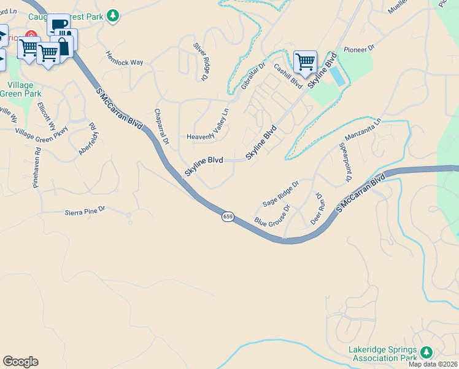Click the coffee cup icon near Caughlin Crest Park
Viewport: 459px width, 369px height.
59,25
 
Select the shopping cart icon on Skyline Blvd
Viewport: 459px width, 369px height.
305,61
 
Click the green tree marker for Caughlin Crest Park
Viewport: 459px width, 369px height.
112,15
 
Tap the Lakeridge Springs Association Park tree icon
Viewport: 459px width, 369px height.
426,352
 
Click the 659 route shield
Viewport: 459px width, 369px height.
228,217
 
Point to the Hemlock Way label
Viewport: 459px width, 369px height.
125,59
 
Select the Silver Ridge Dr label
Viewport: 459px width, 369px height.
201,61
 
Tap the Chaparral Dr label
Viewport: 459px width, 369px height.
161,127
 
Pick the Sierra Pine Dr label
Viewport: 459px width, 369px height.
85,211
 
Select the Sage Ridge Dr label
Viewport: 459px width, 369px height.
280,194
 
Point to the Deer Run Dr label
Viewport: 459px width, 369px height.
318,208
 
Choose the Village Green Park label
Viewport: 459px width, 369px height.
22,90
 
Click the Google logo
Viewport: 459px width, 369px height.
20,362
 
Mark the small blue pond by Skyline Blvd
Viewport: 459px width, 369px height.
337,75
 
